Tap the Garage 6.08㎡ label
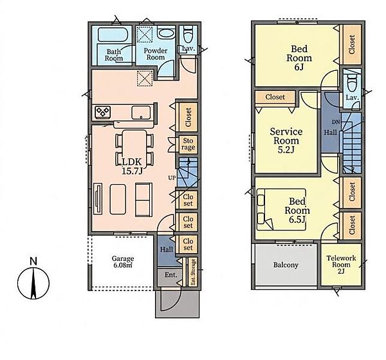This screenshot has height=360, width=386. coord(123,261)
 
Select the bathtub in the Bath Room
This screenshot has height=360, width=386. coord(112,35)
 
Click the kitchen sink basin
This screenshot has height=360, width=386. coord(141,113)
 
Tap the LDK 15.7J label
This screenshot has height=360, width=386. coord(132,166)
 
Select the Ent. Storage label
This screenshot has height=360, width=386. coord(193,272)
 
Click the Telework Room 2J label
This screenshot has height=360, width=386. coord(341,265)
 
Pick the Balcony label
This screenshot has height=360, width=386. coord(286,265)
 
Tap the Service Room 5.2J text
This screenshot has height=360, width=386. coord(286,140)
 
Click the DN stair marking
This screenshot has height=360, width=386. coord(336,122)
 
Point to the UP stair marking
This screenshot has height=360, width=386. coord(172,177)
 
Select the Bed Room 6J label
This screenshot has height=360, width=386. coord(299,58)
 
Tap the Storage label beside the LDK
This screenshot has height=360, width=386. coord(188,144)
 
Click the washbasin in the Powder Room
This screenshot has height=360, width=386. coord(166,34)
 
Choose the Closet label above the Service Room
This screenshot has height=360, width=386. coord(275,97)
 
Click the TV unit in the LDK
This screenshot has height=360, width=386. coord(98,199)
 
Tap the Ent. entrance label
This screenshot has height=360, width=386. coord(171,275)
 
